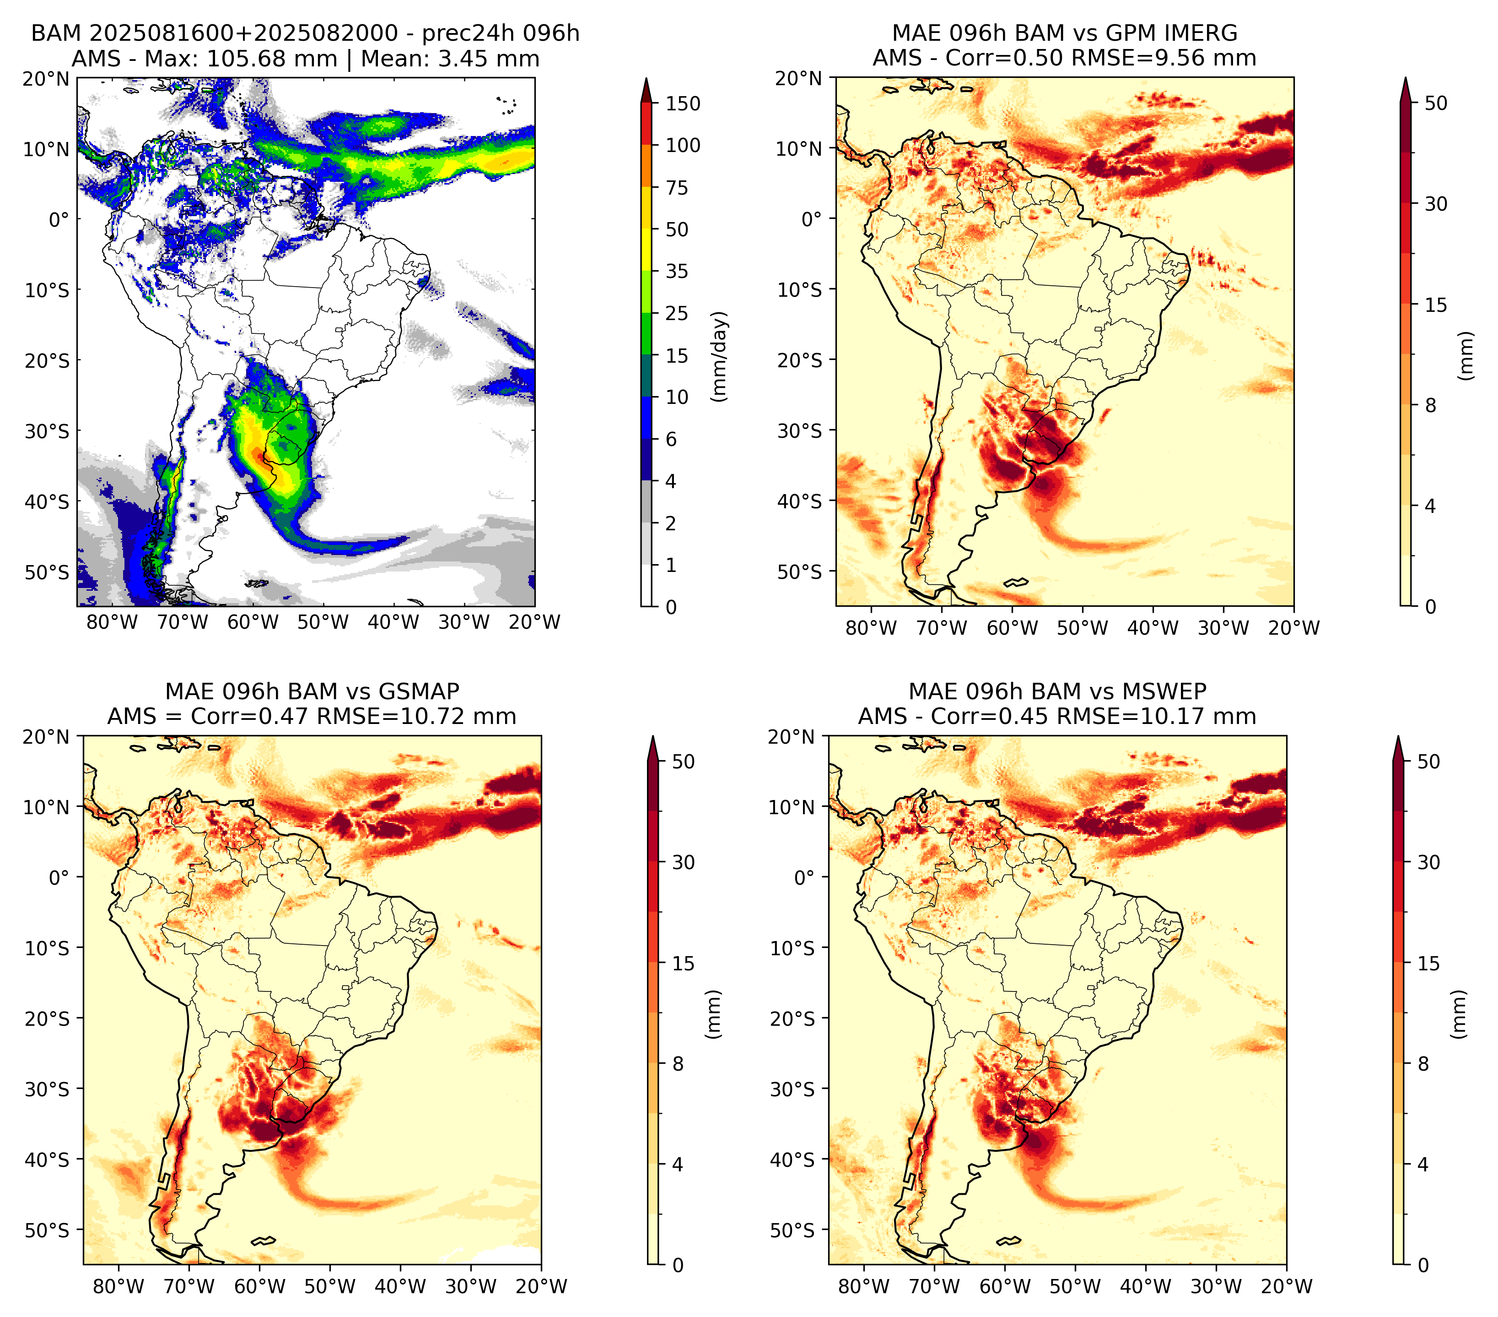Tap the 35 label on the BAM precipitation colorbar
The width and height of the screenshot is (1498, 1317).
(x=676, y=271)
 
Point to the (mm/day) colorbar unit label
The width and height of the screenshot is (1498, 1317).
(x=720, y=356)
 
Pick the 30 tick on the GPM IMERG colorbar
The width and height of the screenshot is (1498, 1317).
(x=1436, y=204)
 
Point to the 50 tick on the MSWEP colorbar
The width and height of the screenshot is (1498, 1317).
(x=1428, y=761)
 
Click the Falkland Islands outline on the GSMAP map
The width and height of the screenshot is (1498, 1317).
(x=263, y=1241)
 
